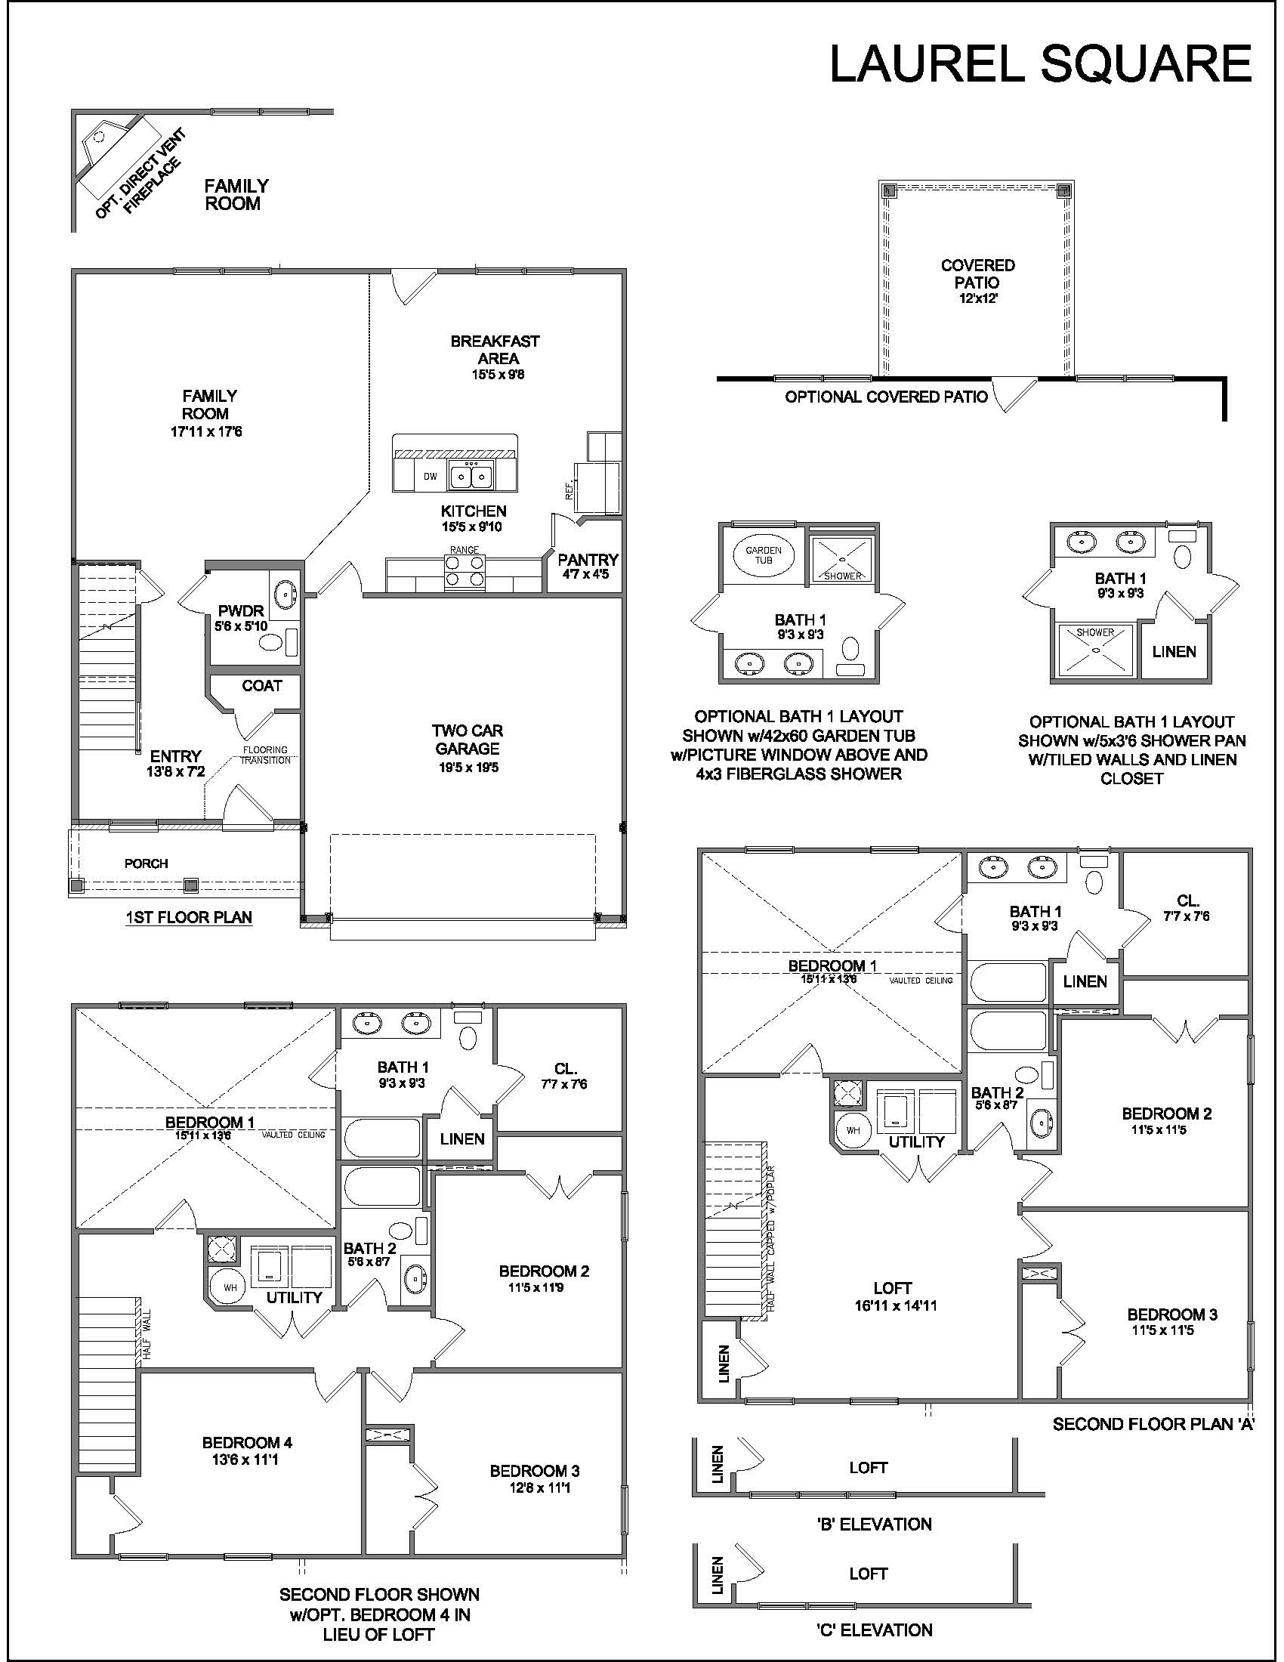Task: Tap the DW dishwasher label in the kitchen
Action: click(x=431, y=477)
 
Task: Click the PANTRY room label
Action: click(x=588, y=560)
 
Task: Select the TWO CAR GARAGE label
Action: click(x=467, y=740)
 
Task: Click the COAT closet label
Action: click(x=261, y=686)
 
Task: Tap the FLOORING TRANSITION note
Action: click(x=265, y=755)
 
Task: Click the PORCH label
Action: click(x=146, y=863)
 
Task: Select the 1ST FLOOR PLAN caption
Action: click(x=189, y=918)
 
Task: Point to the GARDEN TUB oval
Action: click(x=764, y=555)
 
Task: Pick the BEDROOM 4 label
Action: click(x=247, y=1443)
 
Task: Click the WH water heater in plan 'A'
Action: click(x=853, y=1129)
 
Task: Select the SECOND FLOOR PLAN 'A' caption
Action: click(x=1153, y=1424)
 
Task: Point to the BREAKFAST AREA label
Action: click(x=495, y=349)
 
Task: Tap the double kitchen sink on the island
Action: click(x=471, y=477)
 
